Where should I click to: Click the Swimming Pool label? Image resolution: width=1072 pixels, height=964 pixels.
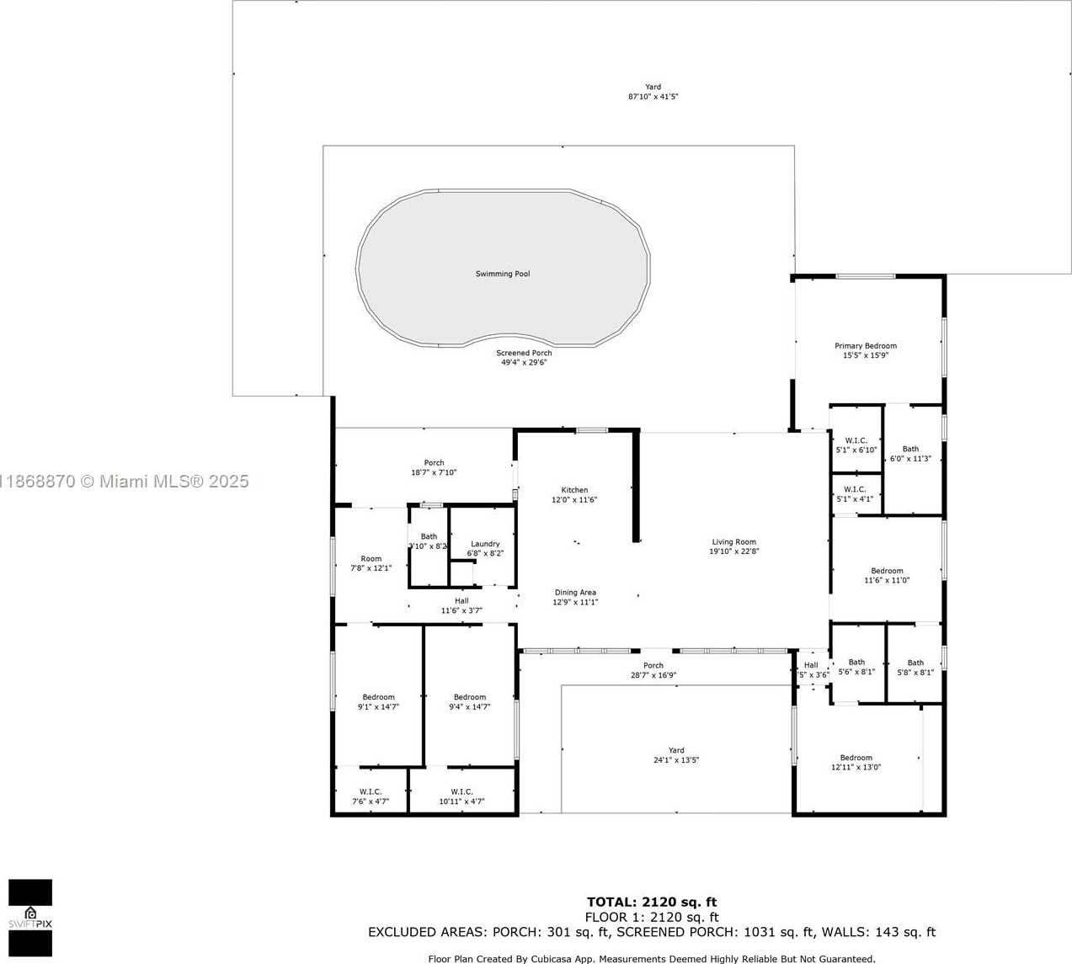(503, 274)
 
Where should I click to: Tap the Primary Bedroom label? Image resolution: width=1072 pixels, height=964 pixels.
(865, 345)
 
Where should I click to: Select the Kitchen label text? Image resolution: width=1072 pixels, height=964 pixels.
(574, 490)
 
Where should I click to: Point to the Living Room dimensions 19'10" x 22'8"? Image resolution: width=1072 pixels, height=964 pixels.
(733, 552)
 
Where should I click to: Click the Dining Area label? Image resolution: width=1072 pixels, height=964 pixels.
(575, 593)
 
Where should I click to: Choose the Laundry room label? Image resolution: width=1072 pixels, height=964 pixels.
(485, 544)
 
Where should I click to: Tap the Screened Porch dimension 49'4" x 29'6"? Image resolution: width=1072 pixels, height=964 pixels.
(524, 363)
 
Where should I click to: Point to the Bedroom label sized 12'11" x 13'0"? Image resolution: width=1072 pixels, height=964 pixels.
(856, 758)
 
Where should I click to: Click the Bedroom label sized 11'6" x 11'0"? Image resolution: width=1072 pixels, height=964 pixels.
(887, 571)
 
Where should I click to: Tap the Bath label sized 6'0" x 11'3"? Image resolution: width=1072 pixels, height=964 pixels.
(910, 449)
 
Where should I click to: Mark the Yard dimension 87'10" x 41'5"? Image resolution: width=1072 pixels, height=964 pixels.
(653, 97)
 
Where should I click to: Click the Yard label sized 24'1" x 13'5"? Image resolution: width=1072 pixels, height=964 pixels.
(676, 750)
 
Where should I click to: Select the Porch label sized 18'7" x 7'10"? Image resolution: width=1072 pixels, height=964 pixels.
(434, 463)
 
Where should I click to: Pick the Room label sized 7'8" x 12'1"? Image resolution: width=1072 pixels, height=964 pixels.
(371, 559)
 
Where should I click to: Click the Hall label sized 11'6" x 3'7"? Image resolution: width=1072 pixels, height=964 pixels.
(461, 601)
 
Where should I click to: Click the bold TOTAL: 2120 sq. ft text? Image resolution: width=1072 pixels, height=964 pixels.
(652, 903)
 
